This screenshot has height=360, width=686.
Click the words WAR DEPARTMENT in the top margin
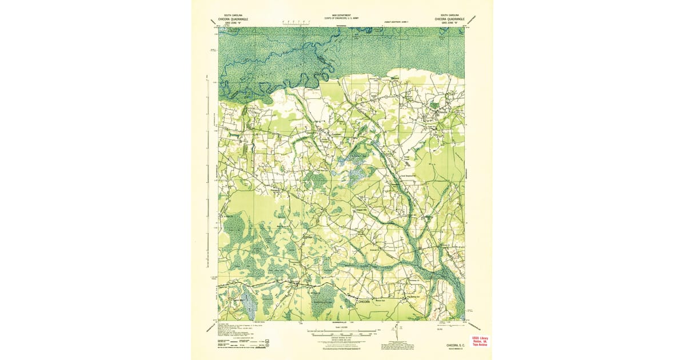coord(341,16)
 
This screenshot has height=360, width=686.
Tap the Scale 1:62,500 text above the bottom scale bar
coord(341,326)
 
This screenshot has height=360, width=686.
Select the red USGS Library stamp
coord(479,341)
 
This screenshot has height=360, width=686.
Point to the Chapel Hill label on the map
coord(364,210)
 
